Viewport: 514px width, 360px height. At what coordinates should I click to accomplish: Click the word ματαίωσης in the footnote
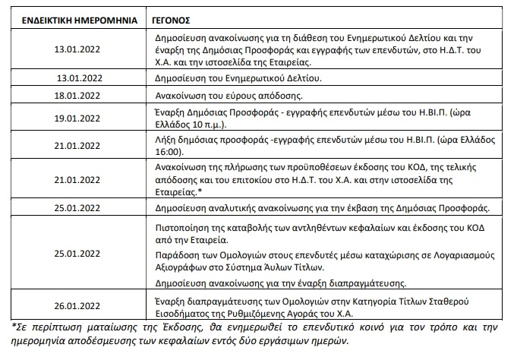pos(94,327)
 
